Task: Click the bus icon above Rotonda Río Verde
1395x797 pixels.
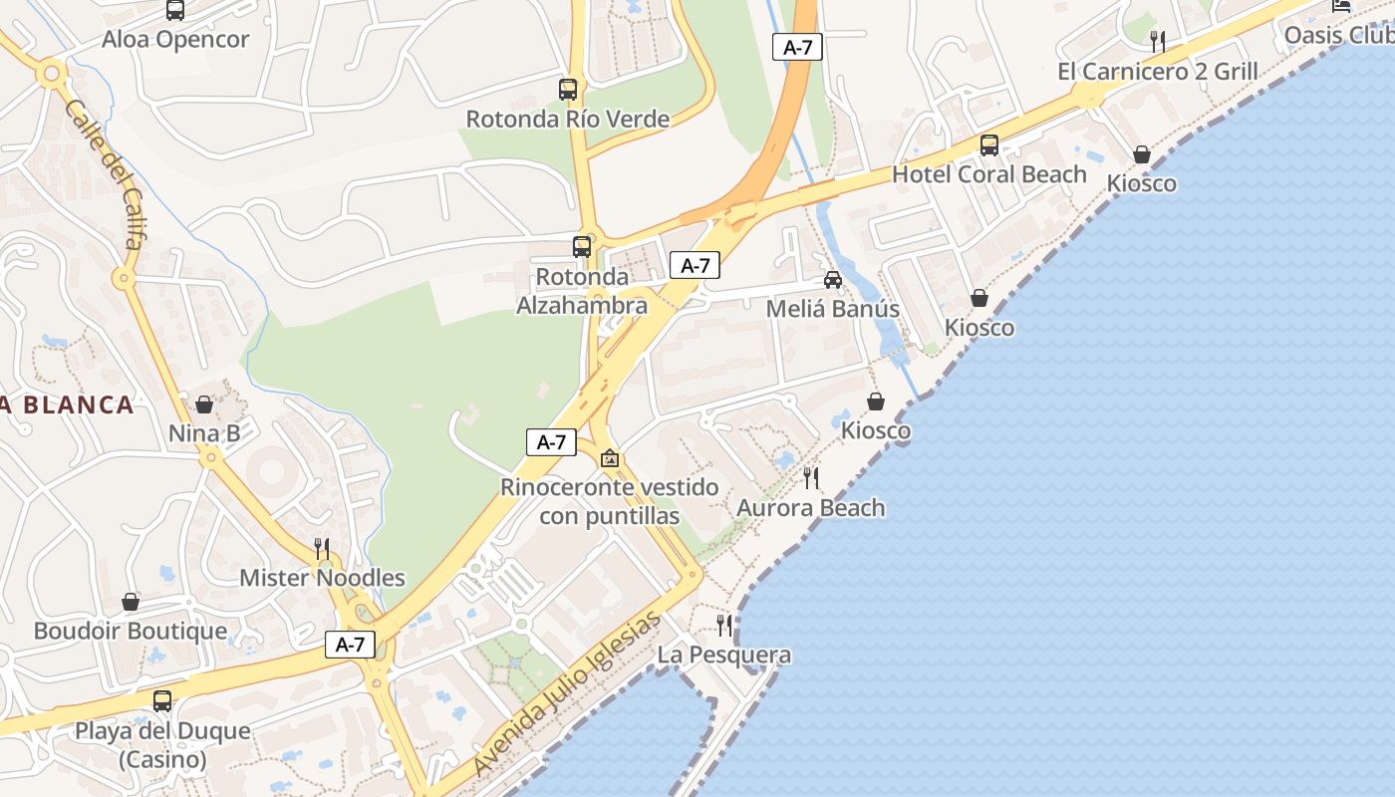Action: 568,90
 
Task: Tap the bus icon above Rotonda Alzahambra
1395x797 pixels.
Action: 582,247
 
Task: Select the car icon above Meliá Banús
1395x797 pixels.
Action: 833,280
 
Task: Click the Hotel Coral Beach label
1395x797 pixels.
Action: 988,174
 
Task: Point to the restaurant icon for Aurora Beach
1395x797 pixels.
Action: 811,478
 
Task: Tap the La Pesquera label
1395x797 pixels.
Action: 724,655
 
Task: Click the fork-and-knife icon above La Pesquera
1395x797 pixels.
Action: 724,626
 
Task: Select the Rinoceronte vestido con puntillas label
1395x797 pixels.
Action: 609,502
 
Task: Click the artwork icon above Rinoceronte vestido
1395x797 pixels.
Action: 610,458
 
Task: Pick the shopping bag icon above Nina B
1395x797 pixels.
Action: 204,404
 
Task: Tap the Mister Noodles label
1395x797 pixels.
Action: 322,578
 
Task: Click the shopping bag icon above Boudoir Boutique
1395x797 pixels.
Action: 131,602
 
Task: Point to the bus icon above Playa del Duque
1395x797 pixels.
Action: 162,701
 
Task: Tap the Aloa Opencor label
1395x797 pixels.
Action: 175,40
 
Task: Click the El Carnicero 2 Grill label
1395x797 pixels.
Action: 1157,72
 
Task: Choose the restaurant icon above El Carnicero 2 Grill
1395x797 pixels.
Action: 1158,42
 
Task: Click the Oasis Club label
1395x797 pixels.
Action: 1338,36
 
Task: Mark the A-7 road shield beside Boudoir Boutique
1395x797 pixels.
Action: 350,645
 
